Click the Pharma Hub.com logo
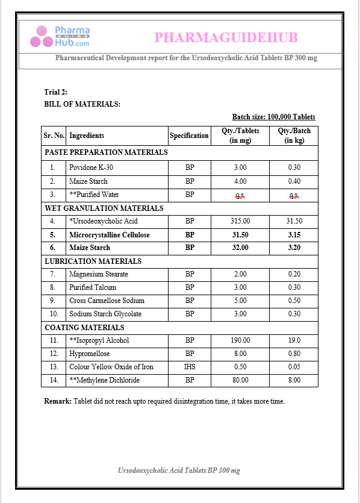click(x=60, y=37)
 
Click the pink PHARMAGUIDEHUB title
click(x=226, y=38)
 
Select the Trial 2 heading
click(x=56, y=92)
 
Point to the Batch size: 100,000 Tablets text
click(x=273, y=117)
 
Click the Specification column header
click(x=189, y=136)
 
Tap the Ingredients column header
click(x=87, y=136)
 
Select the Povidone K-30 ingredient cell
click(x=91, y=167)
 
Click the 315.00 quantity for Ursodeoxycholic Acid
click(x=240, y=221)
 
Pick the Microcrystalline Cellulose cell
click(x=110, y=234)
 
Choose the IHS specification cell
click(x=190, y=367)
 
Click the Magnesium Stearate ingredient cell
click(x=99, y=274)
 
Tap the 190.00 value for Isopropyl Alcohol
click(x=240, y=340)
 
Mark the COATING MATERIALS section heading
click(x=84, y=327)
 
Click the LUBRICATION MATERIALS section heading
click(x=93, y=261)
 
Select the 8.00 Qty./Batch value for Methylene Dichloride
click(x=294, y=380)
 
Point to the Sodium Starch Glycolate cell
click(x=105, y=314)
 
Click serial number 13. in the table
click(x=54, y=367)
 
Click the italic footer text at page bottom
click(x=179, y=470)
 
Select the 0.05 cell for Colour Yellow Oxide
click(x=294, y=367)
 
